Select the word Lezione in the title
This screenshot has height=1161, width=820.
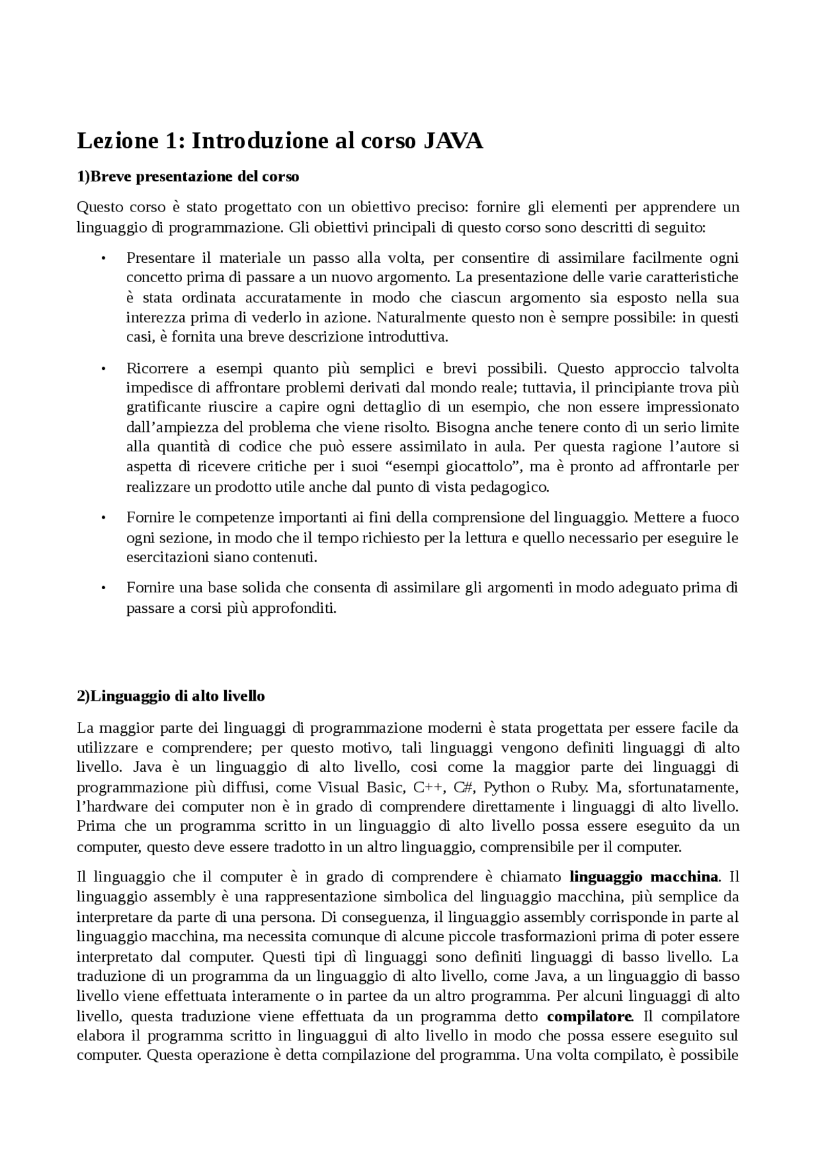(113, 141)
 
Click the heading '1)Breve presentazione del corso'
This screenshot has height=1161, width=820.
(188, 176)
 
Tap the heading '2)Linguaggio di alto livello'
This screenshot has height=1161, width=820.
(170, 696)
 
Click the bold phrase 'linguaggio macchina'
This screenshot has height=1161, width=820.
(643, 876)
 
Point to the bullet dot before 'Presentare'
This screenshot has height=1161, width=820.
(102, 258)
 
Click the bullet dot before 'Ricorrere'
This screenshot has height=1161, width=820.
(102, 369)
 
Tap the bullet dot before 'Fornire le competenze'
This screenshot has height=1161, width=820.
(102, 517)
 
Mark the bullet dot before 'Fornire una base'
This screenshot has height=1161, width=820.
(102, 587)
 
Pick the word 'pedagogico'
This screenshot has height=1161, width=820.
(509, 487)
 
